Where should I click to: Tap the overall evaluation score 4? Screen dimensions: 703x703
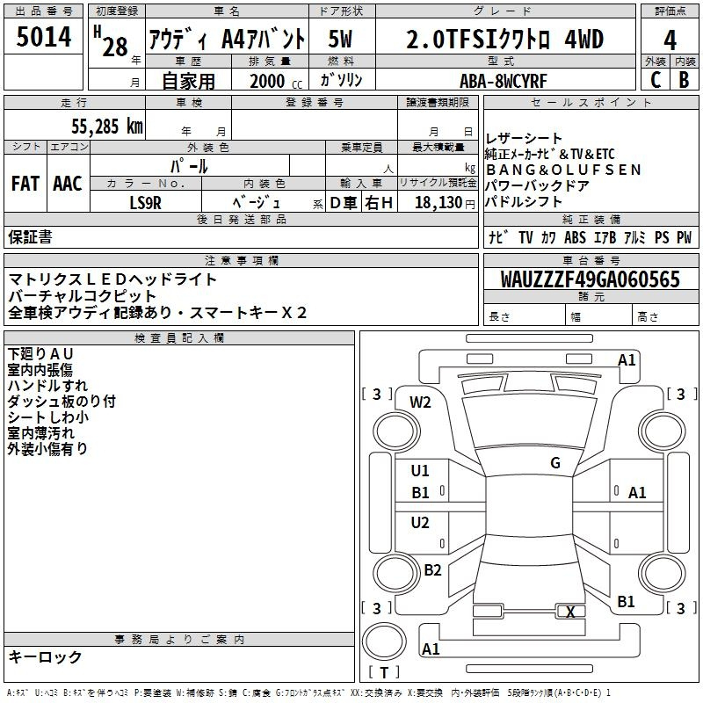[670, 40]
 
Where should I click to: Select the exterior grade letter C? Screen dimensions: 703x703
[656, 79]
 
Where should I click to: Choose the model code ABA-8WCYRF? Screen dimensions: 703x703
[504, 80]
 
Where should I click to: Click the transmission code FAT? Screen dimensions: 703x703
[25, 183]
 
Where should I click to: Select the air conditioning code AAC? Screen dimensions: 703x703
[68, 183]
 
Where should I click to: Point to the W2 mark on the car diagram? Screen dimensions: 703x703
[421, 402]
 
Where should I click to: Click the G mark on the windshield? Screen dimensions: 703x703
[555, 463]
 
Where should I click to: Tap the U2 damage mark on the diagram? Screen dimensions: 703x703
[421, 523]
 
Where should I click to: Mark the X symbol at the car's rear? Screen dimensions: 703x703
[571, 612]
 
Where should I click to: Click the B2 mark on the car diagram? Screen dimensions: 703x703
[432, 570]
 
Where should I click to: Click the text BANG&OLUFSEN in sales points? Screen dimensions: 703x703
[563, 170]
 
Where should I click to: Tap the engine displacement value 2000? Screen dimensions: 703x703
[267, 81]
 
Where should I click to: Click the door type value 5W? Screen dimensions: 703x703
[342, 40]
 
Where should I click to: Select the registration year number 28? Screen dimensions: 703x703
[115, 47]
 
